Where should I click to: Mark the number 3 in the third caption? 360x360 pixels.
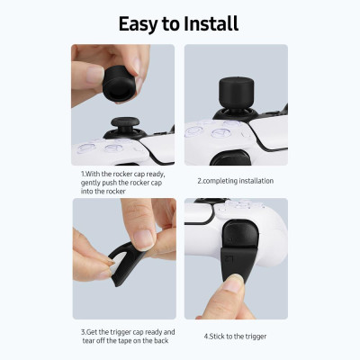pos(82,332)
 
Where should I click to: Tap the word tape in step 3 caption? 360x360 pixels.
pos(128,341)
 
